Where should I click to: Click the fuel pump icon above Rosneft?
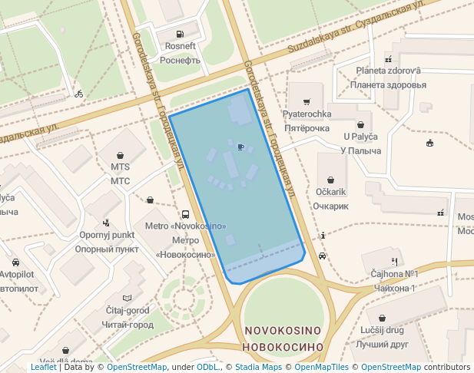(180, 34)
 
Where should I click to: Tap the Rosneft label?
(181, 46)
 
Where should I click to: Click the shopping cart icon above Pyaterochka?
(307, 102)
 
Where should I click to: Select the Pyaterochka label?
(307, 114)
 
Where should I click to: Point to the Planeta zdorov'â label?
(388, 71)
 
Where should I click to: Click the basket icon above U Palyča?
(361, 125)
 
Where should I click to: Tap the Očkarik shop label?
(331, 191)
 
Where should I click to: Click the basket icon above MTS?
(120, 154)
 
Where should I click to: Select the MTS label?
(120, 166)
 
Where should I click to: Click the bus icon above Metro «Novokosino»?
(185, 215)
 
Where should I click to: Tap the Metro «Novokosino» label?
(185, 226)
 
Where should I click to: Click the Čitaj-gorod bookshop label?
(128, 310)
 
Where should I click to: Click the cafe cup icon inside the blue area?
(241, 147)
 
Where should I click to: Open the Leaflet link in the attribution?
(43, 367)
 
